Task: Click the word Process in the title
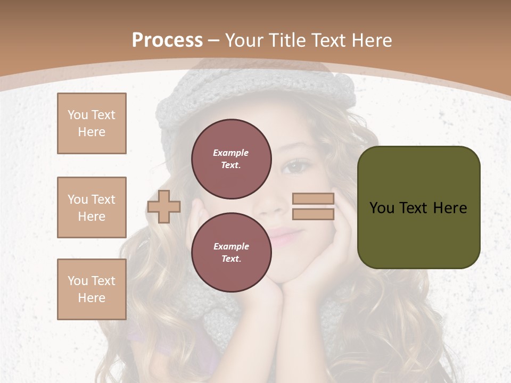tap(167, 40)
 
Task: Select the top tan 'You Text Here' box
tap(92, 123)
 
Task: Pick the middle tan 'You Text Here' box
tap(92, 207)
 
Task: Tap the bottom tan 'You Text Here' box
tap(92, 289)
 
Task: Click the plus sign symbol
tap(164, 206)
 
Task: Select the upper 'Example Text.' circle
tap(231, 159)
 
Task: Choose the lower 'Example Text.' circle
tap(231, 253)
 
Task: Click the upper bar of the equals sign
tap(313, 199)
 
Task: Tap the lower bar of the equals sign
tap(313, 214)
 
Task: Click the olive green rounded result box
tap(418, 207)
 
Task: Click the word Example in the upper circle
tap(231, 153)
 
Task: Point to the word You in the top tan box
tap(78, 115)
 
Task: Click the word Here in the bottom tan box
tap(92, 298)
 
